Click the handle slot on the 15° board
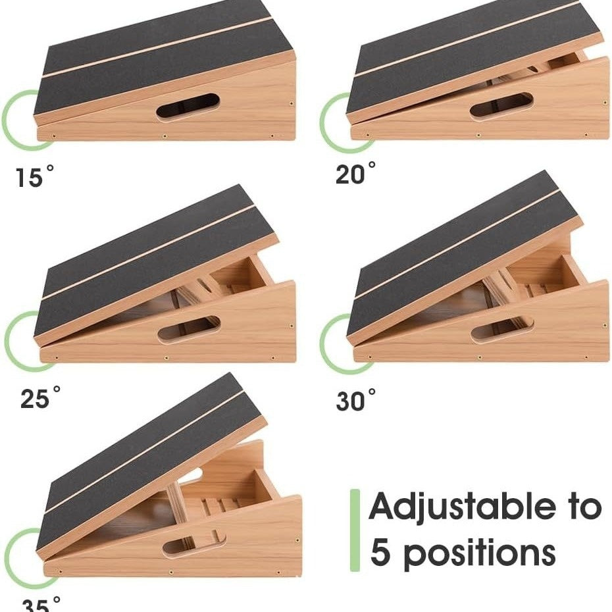coord(188,106)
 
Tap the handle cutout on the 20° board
coord(501,107)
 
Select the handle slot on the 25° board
coord(190,328)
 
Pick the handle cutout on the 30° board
coord(502,328)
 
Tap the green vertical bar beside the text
coord(355,530)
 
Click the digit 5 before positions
coord(381,553)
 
